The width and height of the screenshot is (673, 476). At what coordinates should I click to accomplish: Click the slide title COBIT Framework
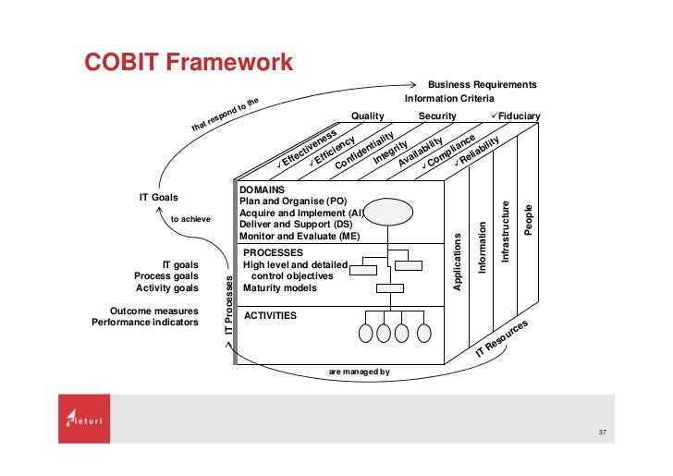click(x=189, y=62)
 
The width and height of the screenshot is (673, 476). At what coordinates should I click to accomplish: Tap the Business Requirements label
click(x=482, y=84)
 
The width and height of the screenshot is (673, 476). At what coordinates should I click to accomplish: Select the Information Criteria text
click(x=449, y=98)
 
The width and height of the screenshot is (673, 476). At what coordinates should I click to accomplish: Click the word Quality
click(x=368, y=116)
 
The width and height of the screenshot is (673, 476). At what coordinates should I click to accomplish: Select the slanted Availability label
click(x=422, y=148)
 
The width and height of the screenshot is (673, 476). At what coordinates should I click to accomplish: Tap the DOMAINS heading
click(x=263, y=189)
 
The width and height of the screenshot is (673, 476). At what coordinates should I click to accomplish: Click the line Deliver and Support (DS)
click(x=296, y=224)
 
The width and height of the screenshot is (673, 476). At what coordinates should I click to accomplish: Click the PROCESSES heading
click(x=274, y=251)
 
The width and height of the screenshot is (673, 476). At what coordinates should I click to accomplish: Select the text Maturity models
click(x=280, y=287)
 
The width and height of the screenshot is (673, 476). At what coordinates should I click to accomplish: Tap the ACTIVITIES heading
click(x=270, y=315)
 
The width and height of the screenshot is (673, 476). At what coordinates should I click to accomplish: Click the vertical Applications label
click(x=457, y=262)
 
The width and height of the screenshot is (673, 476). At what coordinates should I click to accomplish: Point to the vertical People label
click(x=529, y=218)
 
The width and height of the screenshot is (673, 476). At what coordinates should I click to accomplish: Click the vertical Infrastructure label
click(x=505, y=231)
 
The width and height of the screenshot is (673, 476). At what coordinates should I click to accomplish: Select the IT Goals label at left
click(x=158, y=197)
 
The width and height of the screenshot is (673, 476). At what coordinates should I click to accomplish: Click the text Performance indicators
click(x=144, y=323)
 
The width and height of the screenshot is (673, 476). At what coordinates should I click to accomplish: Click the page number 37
click(x=603, y=433)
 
